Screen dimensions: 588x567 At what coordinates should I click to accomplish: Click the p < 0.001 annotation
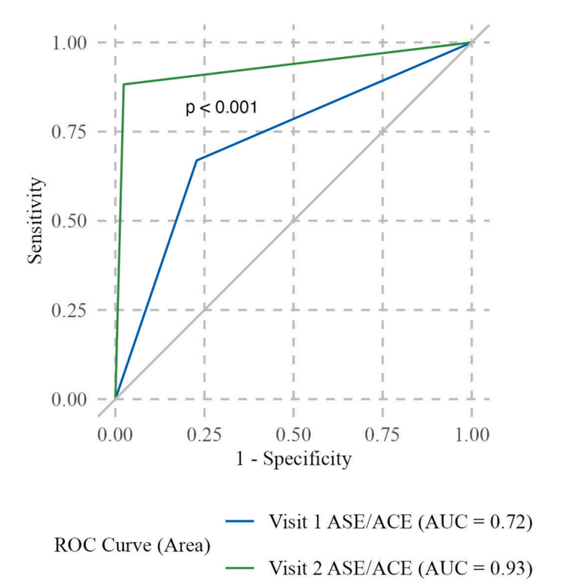(x=221, y=108)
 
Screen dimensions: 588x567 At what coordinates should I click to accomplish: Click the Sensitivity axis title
(x=34, y=221)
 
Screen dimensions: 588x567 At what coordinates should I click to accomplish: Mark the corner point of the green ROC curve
(x=124, y=84)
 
